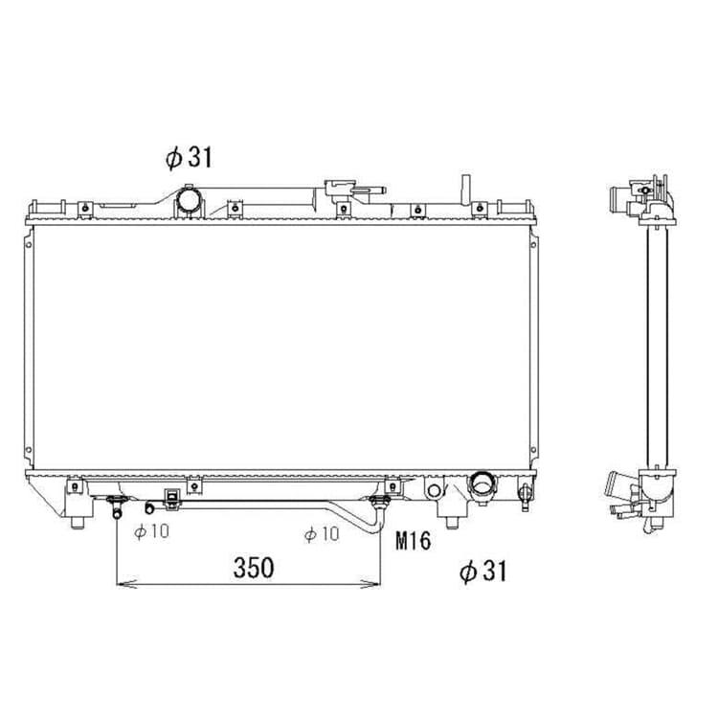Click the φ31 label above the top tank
click(190, 158)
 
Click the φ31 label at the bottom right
click(483, 572)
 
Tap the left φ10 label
click(152, 531)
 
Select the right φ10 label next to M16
click(322, 534)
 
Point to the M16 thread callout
click(413, 541)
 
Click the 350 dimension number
click(254, 568)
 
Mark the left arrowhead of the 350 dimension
click(126, 584)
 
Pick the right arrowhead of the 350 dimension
click(370, 584)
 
